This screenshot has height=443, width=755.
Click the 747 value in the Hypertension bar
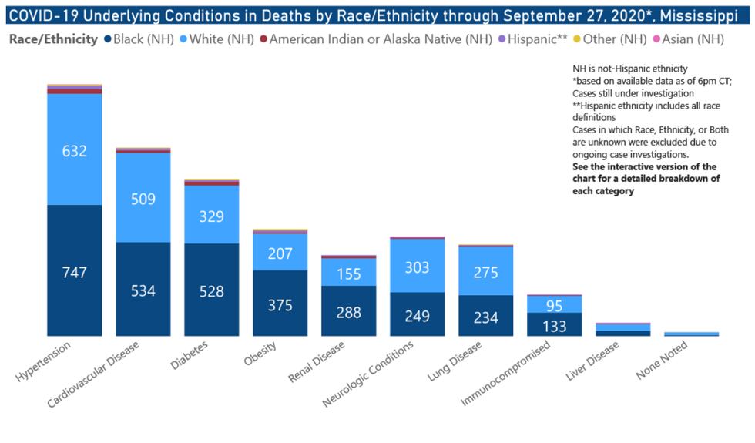pos(75,272)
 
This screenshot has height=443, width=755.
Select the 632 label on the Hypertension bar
pos(75,151)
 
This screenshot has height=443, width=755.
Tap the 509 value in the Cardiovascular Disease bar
pos(143,199)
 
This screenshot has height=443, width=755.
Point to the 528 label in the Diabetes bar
pos(212,291)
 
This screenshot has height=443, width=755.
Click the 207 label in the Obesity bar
pos(280,253)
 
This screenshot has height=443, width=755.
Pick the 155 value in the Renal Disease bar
pos(349,274)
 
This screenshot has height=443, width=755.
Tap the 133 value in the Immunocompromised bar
pos(555,326)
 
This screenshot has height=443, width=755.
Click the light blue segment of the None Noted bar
pos(691,334)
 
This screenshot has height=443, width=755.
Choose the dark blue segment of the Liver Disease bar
pos(622,333)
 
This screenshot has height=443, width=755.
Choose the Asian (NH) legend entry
pos(693,39)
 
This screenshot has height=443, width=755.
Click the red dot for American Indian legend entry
pos(264,39)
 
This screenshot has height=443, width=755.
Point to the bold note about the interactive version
pos(645,179)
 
